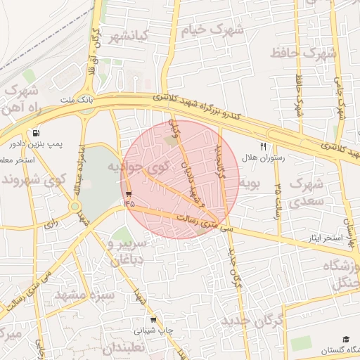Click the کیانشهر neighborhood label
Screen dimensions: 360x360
tap(126, 37)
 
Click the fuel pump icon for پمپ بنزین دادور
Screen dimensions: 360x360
tap(35, 133)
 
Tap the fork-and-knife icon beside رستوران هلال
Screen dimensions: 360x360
tap(263, 146)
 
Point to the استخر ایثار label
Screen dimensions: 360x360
tap(328, 238)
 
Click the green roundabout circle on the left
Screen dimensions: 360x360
tap(75, 206)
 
